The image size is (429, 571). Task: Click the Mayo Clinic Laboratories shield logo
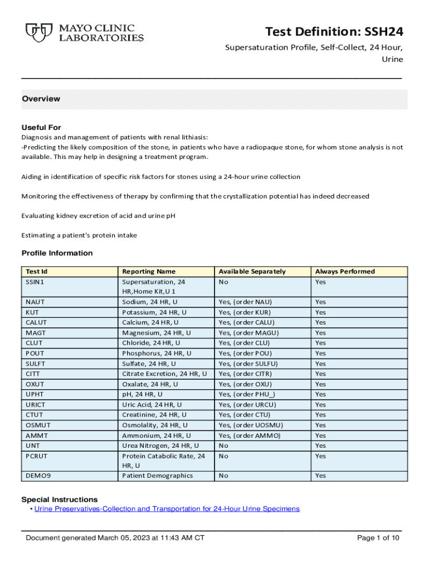coord(37,32)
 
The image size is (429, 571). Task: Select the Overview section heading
coord(41,99)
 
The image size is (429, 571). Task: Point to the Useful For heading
coord(41,127)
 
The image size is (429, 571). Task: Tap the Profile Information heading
coord(57,253)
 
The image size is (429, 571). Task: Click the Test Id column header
coord(37,272)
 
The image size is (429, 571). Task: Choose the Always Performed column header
coord(345,272)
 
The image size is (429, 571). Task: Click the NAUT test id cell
coord(36,302)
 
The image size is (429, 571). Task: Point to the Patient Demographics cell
coord(158,476)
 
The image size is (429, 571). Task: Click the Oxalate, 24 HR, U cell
coord(150,384)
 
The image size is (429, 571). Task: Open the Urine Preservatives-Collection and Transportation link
coord(167,509)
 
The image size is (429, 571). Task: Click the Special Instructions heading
coord(59,499)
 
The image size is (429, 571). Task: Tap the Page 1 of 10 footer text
coord(378,538)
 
